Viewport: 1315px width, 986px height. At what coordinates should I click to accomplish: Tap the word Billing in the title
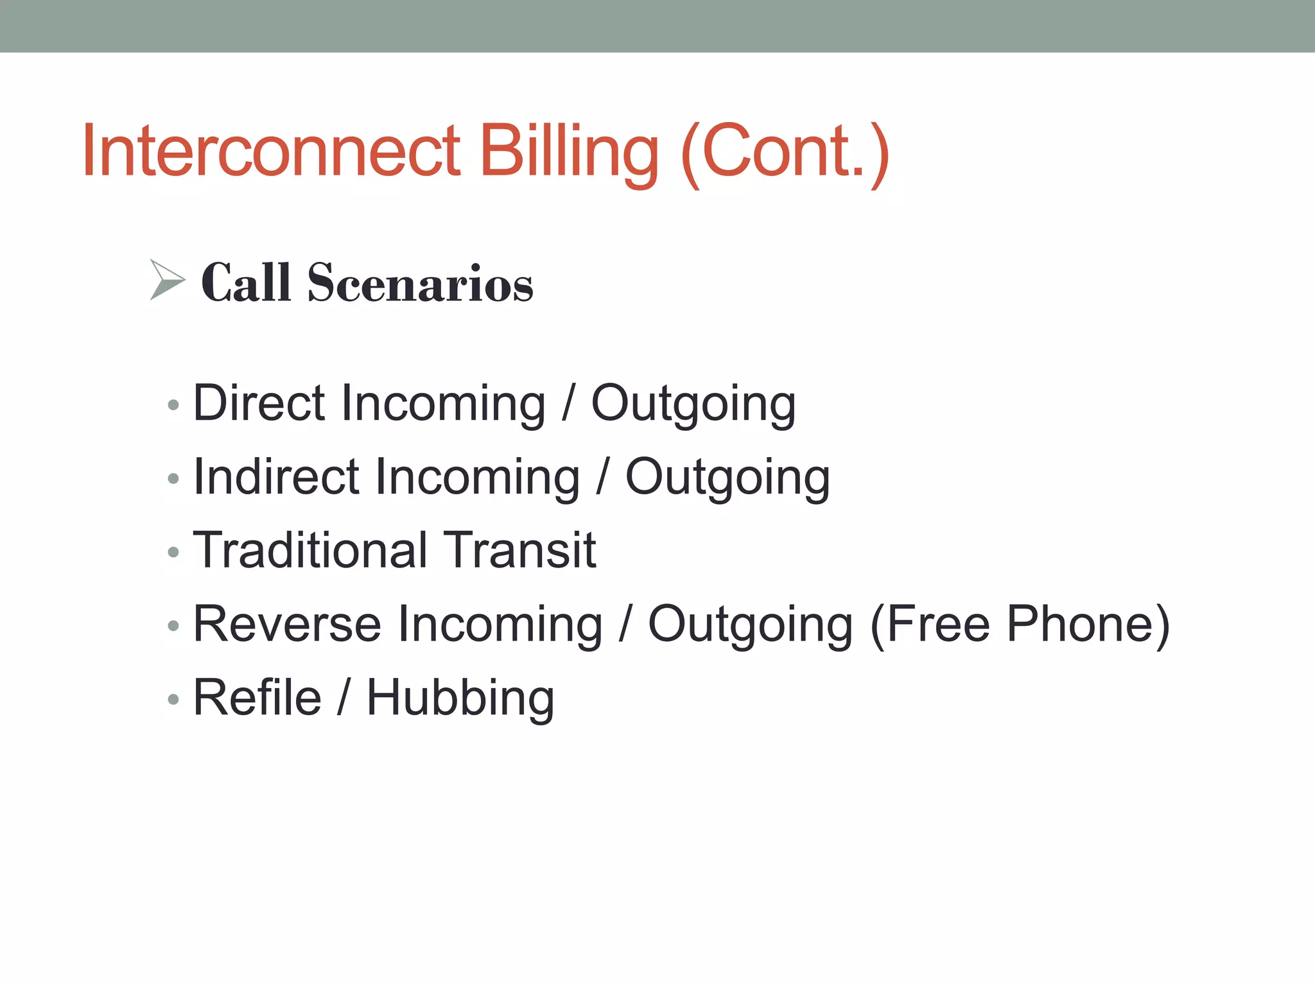click(x=569, y=151)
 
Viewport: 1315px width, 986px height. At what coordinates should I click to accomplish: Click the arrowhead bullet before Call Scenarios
click(x=167, y=280)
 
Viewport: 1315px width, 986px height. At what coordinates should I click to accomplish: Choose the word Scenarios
click(x=420, y=283)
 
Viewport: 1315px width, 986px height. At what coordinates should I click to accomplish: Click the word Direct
click(x=259, y=403)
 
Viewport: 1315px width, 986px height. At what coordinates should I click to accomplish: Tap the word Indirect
click(x=276, y=477)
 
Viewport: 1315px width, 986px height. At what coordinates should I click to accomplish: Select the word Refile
click(x=257, y=698)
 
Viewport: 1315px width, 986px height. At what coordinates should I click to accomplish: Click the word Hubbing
click(x=460, y=698)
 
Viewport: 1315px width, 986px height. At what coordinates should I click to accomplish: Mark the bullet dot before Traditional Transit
click(x=173, y=552)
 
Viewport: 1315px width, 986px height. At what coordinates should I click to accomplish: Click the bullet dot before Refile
click(x=173, y=699)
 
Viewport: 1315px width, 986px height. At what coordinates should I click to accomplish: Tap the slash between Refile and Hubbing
click(x=344, y=698)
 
